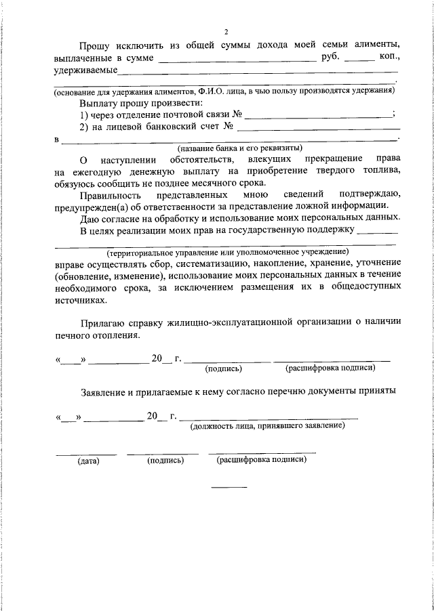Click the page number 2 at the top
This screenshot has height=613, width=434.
click(x=226, y=31)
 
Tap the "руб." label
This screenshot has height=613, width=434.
click(x=329, y=58)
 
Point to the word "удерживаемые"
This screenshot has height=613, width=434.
click(x=85, y=70)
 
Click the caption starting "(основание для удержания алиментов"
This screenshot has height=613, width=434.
click(x=224, y=90)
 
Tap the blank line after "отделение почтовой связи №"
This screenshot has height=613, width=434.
click(x=318, y=117)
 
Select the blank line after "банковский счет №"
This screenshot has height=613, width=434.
click(x=318, y=129)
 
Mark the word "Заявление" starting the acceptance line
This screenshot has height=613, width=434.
click(x=103, y=391)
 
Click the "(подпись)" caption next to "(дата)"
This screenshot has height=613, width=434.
click(x=165, y=461)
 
